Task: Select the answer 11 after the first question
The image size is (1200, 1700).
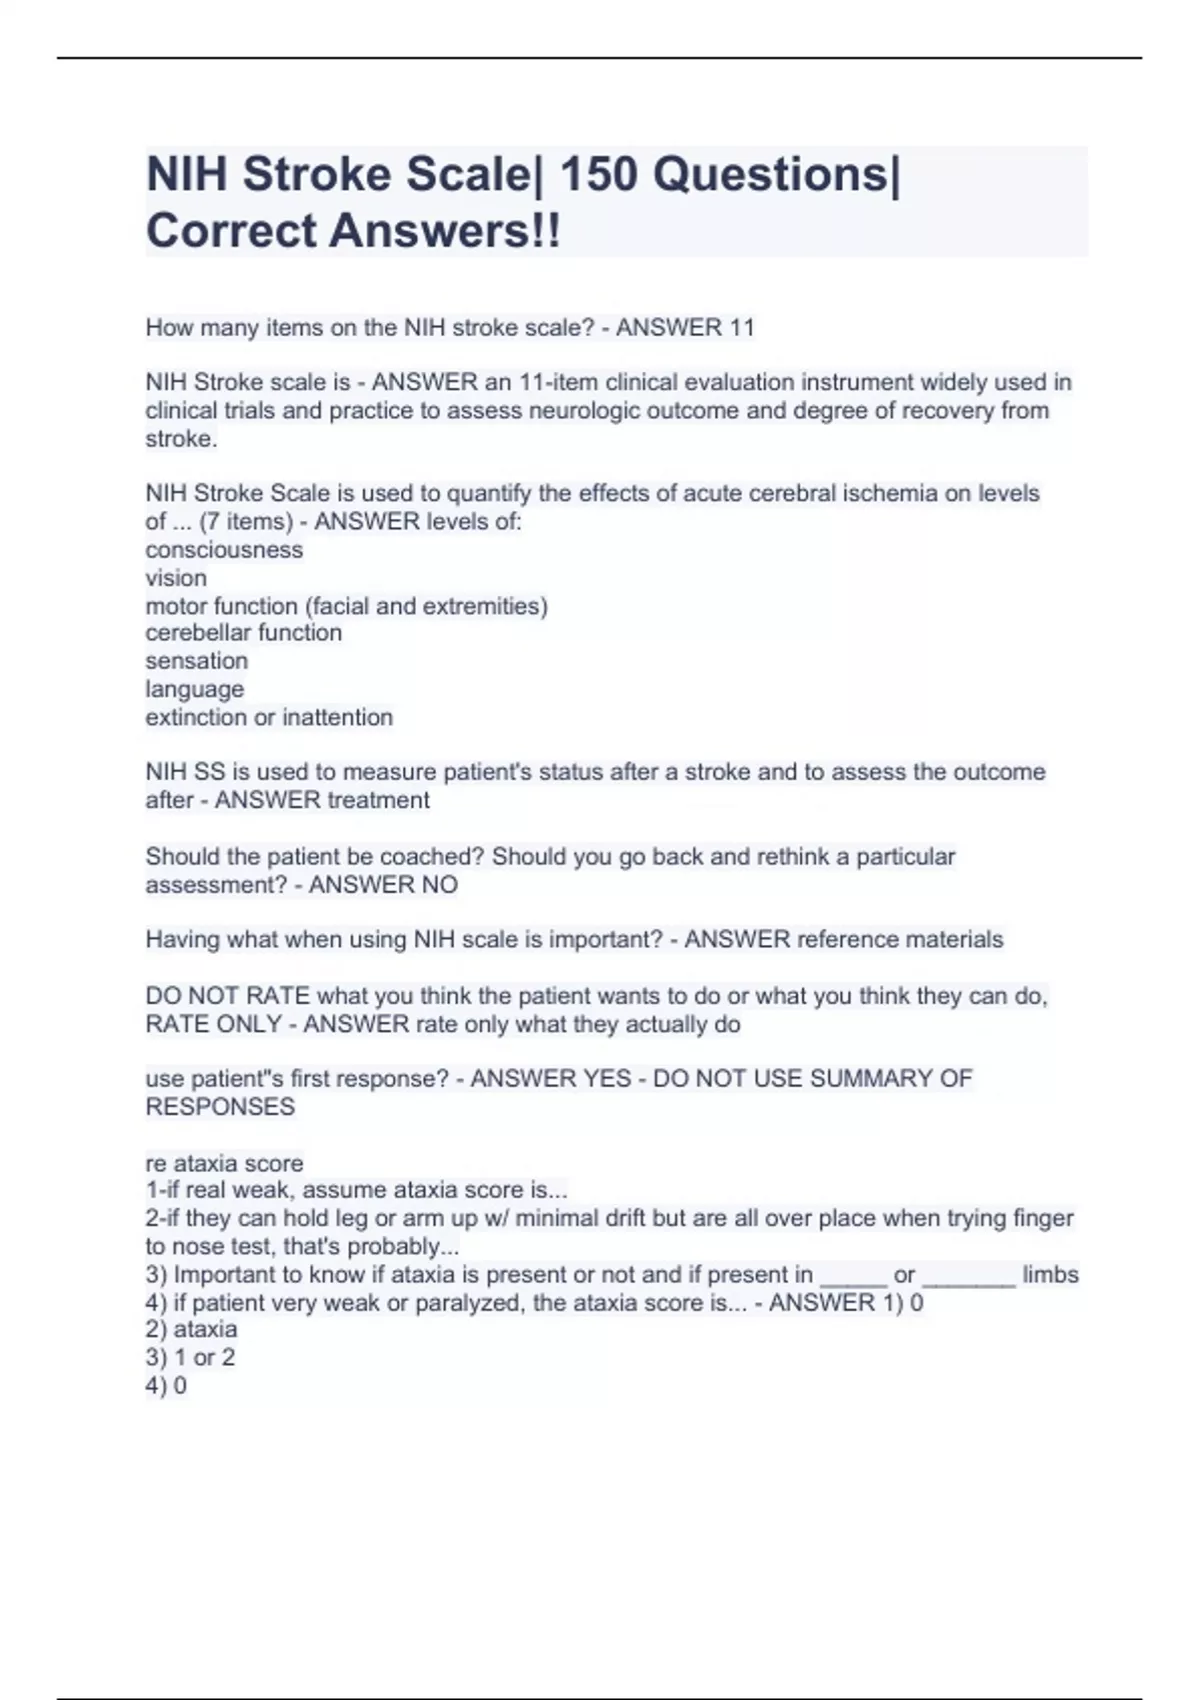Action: (741, 328)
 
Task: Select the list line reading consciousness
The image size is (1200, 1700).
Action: (224, 550)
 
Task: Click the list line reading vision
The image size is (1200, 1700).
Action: (176, 578)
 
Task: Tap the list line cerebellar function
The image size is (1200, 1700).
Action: (244, 633)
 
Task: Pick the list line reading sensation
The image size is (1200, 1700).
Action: (196, 661)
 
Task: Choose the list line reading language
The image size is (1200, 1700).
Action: (194, 689)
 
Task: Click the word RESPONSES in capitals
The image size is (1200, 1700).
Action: (220, 1107)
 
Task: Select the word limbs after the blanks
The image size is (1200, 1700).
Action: (1050, 1275)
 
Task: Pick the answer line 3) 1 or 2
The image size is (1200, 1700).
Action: (190, 1358)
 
